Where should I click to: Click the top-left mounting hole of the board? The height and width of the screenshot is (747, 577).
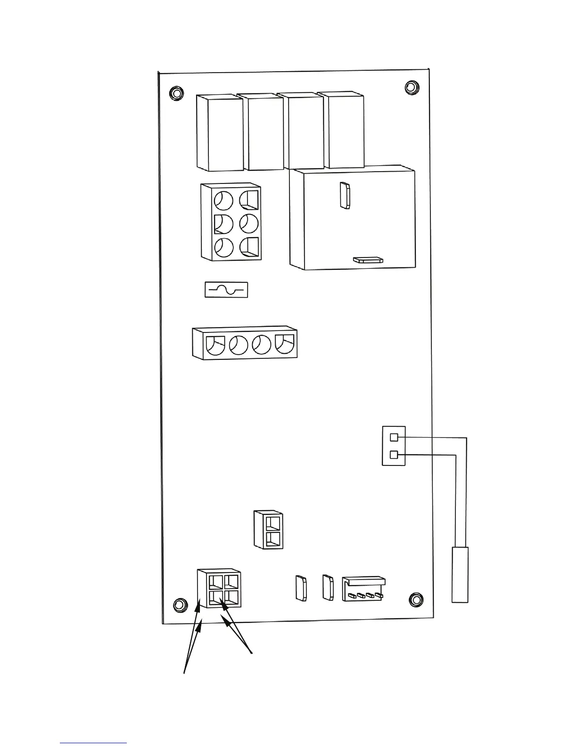(x=177, y=91)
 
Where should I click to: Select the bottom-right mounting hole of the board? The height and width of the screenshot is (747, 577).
(x=416, y=598)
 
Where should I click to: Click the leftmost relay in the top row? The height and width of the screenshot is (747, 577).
(x=219, y=133)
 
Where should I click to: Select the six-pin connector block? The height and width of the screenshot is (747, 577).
(x=231, y=222)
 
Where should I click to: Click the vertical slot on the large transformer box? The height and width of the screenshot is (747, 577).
(x=345, y=195)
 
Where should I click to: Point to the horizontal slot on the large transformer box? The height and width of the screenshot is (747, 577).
(x=368, y=259)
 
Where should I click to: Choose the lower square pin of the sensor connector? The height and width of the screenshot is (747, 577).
(x=395, y=455)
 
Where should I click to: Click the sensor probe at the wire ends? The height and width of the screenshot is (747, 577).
(x=460, y=574)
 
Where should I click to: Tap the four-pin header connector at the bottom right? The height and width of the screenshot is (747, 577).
(x=363, y=589)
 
